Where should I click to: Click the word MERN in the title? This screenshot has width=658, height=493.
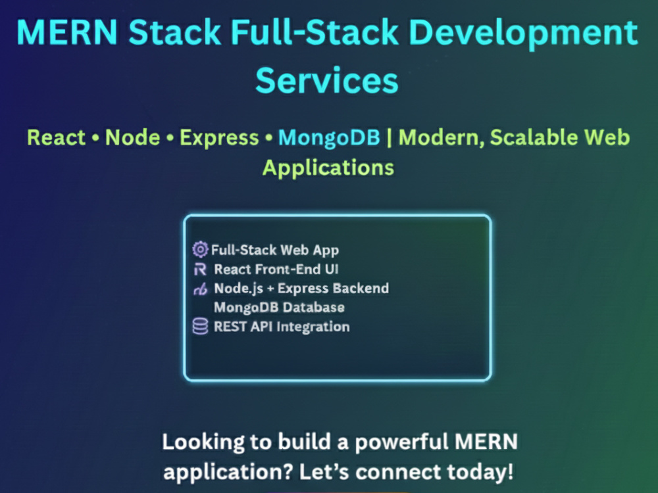pos(67,32)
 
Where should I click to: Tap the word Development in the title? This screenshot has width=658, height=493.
pos(523,34)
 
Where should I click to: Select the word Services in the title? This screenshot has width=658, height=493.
pos(327,80)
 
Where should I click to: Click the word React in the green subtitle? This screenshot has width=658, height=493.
pos(56,137)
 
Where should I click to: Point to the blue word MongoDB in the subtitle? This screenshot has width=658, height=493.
pos(329,138)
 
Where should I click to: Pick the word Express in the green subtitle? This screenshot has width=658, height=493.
pos(219,138)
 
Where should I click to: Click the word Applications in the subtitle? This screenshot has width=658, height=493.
pos(328,168)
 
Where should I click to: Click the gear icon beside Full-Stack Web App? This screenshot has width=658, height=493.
pos(200,249)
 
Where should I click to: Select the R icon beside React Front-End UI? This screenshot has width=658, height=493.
pos(200,269)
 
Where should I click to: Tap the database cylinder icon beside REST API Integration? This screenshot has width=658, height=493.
pos(200,326)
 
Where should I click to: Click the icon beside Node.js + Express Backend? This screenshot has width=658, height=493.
pos(200,289)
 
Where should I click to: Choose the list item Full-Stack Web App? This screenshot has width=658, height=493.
pos(275,250)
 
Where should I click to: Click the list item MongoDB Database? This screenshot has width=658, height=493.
pos(279,307)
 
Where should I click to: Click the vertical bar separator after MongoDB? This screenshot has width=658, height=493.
pos(389,138)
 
